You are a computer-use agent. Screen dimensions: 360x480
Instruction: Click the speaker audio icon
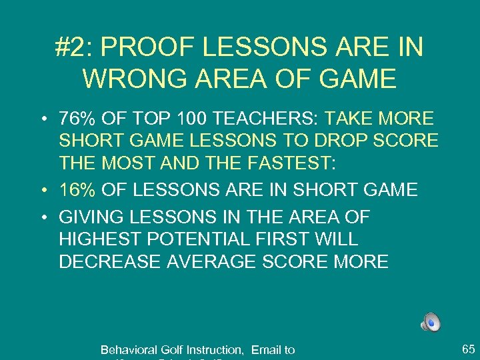(431, 323)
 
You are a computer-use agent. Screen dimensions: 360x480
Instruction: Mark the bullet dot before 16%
(42, 191)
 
